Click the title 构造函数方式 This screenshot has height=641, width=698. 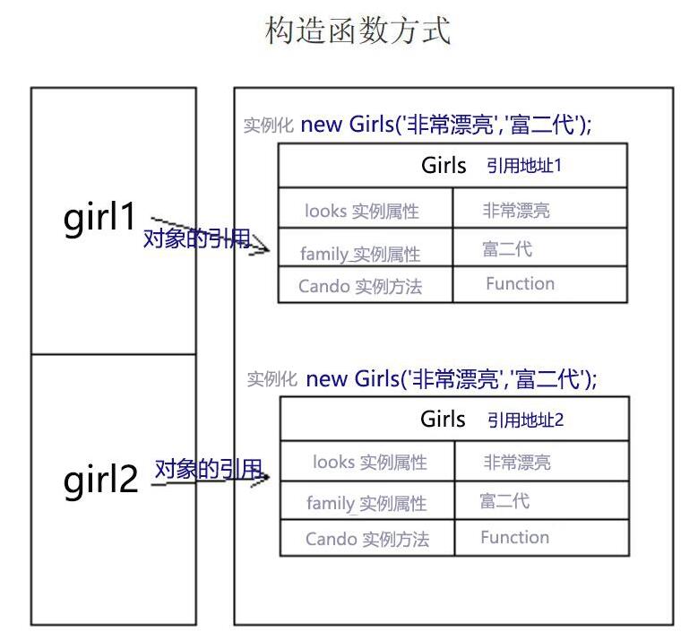click(358, 31)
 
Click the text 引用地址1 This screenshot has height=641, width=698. click(524, 166)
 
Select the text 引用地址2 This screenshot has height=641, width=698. click(526, 420)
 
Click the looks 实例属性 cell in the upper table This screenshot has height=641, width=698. click(362, 212)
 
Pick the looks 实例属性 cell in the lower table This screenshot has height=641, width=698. click(370, 463)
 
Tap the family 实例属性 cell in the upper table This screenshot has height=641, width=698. click(360, 254)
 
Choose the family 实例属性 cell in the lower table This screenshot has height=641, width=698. click(366, 503)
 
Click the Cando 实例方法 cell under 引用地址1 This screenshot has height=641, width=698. click(360, 287)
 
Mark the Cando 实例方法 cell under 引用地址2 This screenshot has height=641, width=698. click(367, 539)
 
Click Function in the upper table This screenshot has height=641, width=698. click(520, 284)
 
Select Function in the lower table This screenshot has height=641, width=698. click(514, 538)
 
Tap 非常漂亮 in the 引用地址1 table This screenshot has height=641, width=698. click(516, 212)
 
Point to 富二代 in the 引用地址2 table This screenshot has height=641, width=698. click(504, 500)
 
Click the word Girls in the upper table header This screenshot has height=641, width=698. click(444, 166)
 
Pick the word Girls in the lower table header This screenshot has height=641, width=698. click(443, 420)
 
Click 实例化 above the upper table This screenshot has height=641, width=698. click(269, 126)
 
